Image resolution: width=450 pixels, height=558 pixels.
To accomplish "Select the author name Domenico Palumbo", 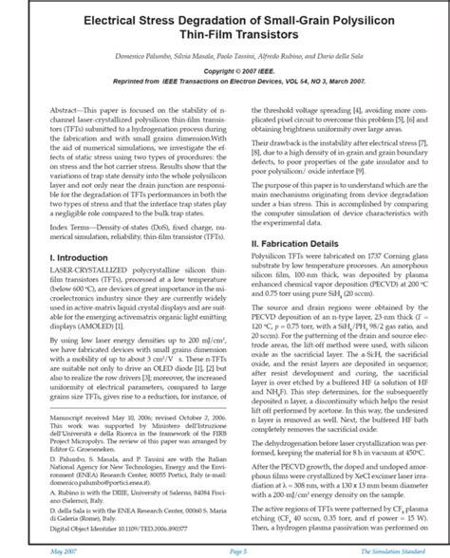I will tap(141, 56).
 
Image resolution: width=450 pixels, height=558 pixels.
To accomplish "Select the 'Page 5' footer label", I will tap(224, 549).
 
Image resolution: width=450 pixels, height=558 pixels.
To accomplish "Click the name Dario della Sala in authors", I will tap(354, 56).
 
